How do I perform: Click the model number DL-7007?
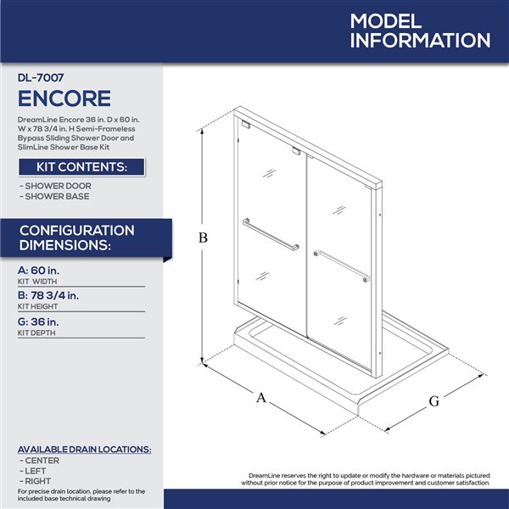[x=41, y=76]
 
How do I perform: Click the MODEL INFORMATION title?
[x=419, y=31]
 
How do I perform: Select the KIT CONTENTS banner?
[x=81, y=167]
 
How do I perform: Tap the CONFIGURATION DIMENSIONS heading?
[x=76, y=238]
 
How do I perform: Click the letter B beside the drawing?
[x=204, y=238]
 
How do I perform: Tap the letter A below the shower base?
[x=261, y=397]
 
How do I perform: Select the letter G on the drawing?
[x=433, y=401]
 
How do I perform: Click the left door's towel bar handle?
[x=271, y=234]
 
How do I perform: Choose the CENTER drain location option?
[x=42, y=460]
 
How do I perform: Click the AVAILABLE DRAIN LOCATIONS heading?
[x=85, y=449]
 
